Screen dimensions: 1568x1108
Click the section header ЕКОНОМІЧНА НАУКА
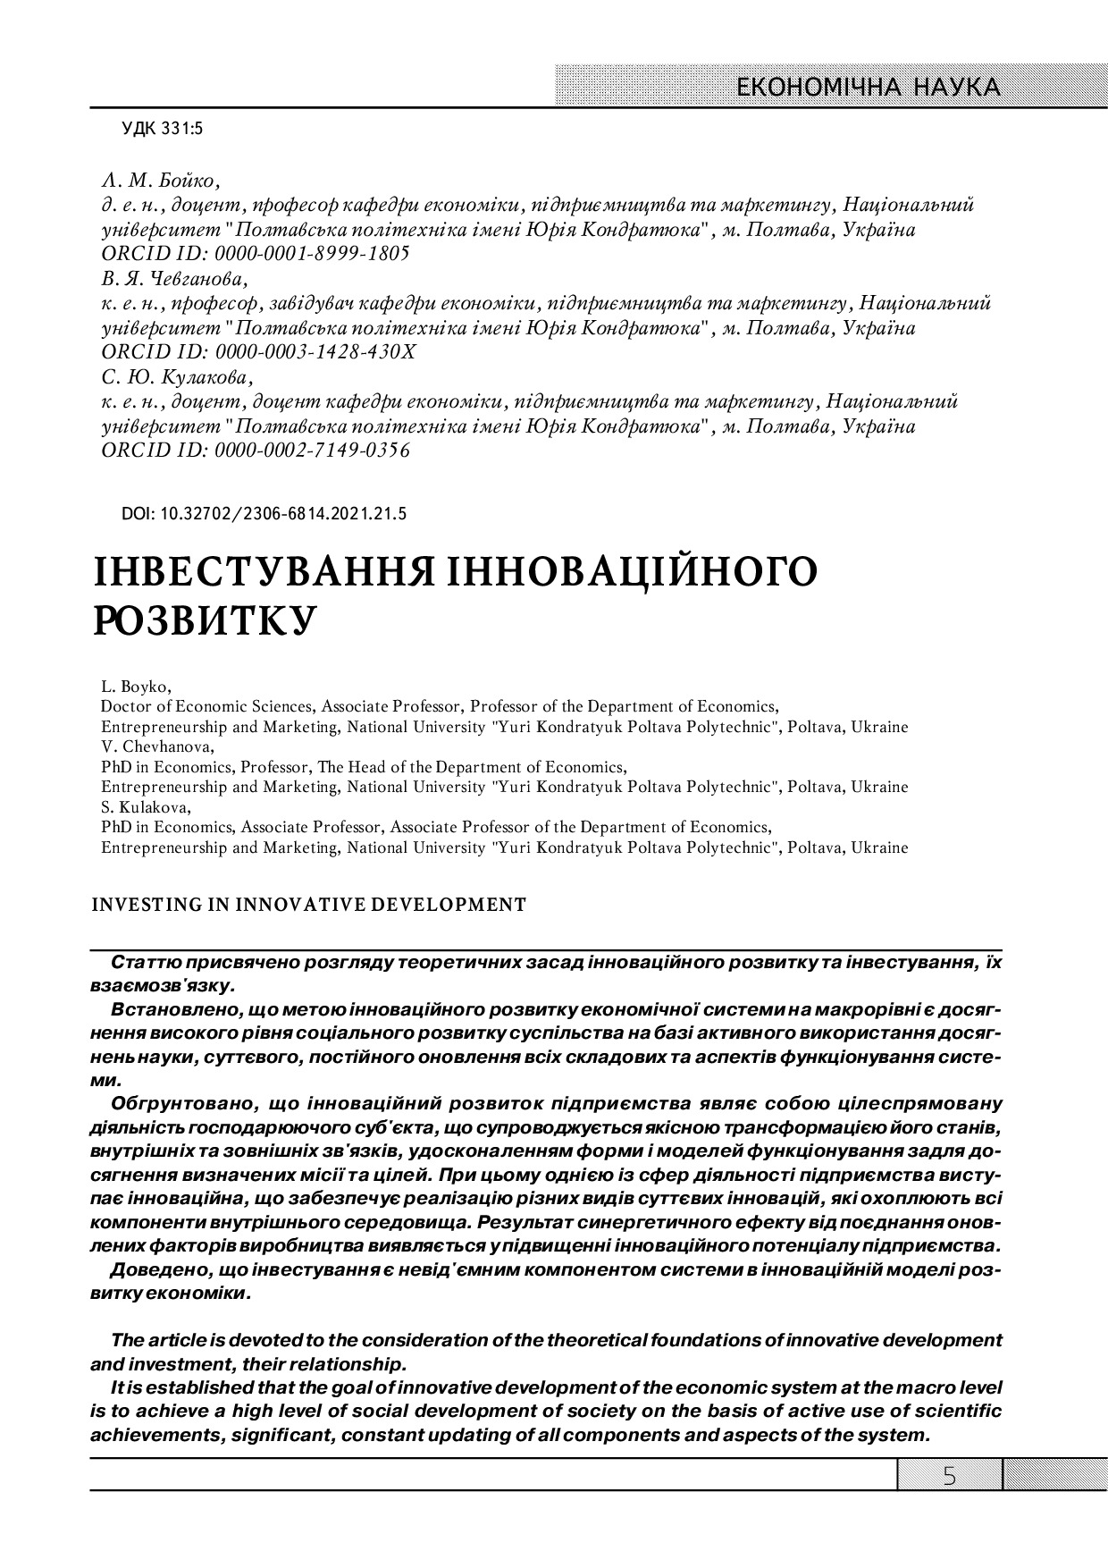(x=866, y=87)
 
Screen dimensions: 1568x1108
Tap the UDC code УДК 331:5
(x=163, y=130)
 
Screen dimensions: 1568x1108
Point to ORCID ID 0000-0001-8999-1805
(x=256, y=253)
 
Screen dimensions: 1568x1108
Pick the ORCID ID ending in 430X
(x=258, y=351)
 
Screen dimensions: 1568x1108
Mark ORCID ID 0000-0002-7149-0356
(x=256, y=450)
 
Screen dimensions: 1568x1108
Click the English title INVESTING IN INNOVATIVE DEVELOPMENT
(x=309, y=904)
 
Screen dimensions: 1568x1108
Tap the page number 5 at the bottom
(x=949, y=1476)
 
